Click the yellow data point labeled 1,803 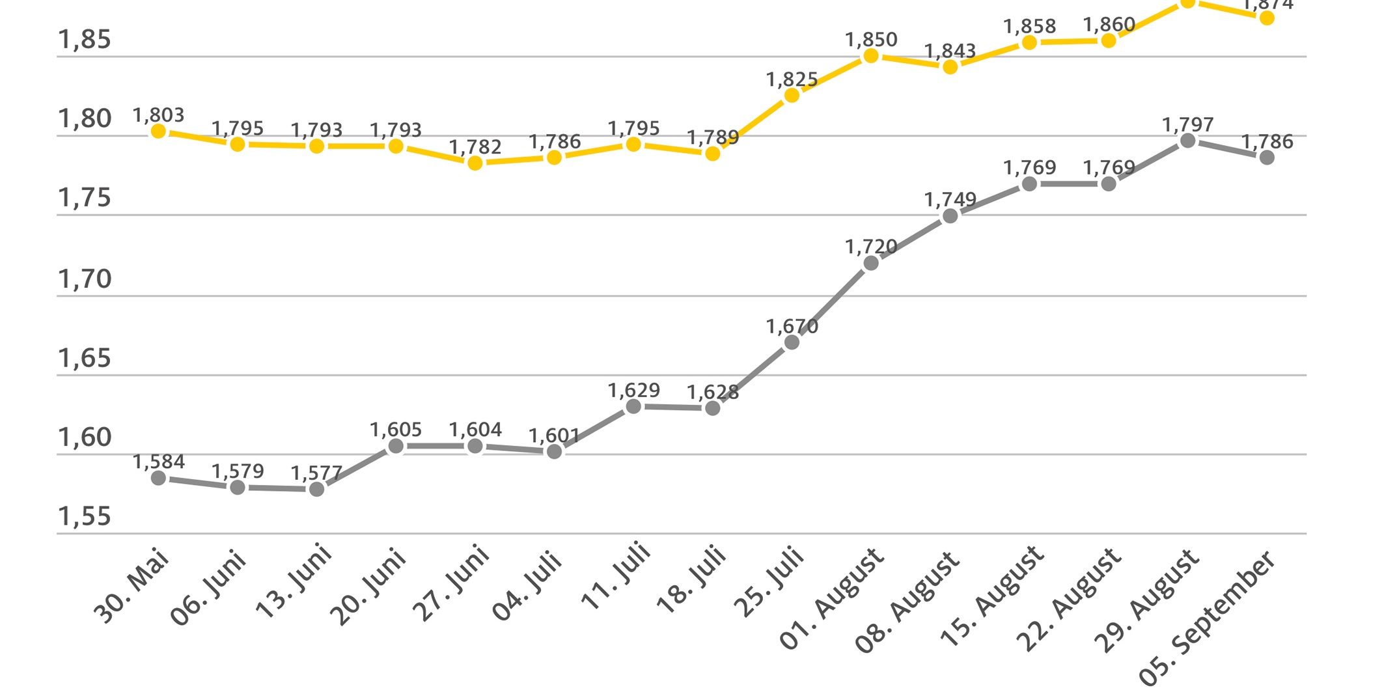[x=158, y=131]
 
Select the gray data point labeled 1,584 [x=158, y=478]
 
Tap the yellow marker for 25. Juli [x=792, y=96]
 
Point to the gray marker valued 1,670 [x=792, y=342]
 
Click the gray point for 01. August [x=871, y=263]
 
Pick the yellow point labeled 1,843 [x=950, y=67]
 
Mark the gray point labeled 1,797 [x=1188, y=141]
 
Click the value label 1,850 [x=871, y=40]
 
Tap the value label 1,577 [x=316, y=473]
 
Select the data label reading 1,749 [x=950, y=200]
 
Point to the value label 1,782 [x=475, y=147]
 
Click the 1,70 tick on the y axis [x=85, y=279]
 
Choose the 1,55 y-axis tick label [x=85, y=517]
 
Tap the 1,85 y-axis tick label [x=85, y=40]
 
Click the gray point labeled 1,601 [x=554, y=451]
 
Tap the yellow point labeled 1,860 [x=1109, y=41]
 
